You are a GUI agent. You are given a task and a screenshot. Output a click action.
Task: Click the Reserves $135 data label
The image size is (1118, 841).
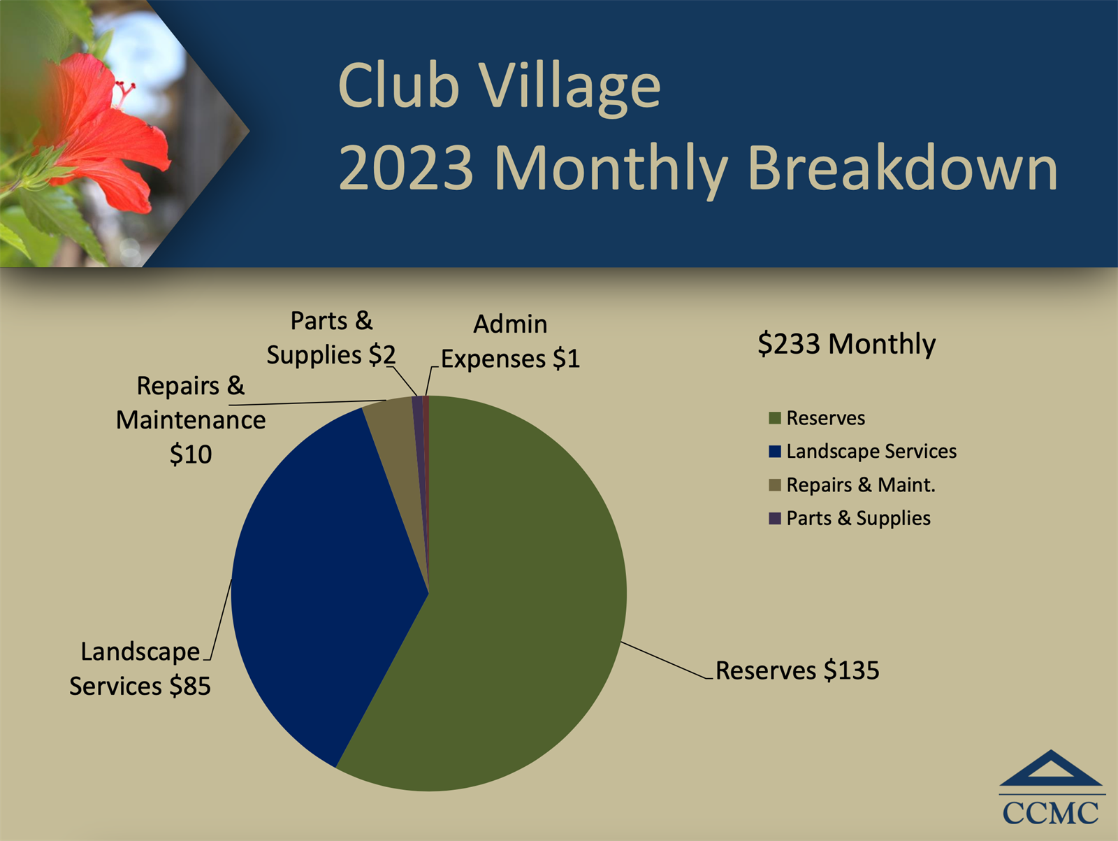797,670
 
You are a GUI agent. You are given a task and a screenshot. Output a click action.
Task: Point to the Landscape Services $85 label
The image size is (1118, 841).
140,669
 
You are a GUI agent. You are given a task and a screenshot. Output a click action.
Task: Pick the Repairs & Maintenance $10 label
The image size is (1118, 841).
191,420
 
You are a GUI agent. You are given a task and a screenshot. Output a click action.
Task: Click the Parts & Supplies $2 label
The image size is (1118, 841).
331,338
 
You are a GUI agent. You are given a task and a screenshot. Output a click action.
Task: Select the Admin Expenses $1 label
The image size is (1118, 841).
510,341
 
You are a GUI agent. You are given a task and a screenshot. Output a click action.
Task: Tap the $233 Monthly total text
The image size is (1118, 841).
846,344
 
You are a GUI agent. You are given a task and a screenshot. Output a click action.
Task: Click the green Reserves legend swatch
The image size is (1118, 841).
775,418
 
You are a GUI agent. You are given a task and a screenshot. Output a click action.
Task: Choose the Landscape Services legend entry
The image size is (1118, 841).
863,452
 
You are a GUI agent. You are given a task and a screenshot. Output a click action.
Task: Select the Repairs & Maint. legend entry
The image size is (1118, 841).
852,485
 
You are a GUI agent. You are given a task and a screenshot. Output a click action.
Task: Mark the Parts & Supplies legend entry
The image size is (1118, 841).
850,519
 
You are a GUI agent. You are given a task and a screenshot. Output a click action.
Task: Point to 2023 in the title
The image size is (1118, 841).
407,168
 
